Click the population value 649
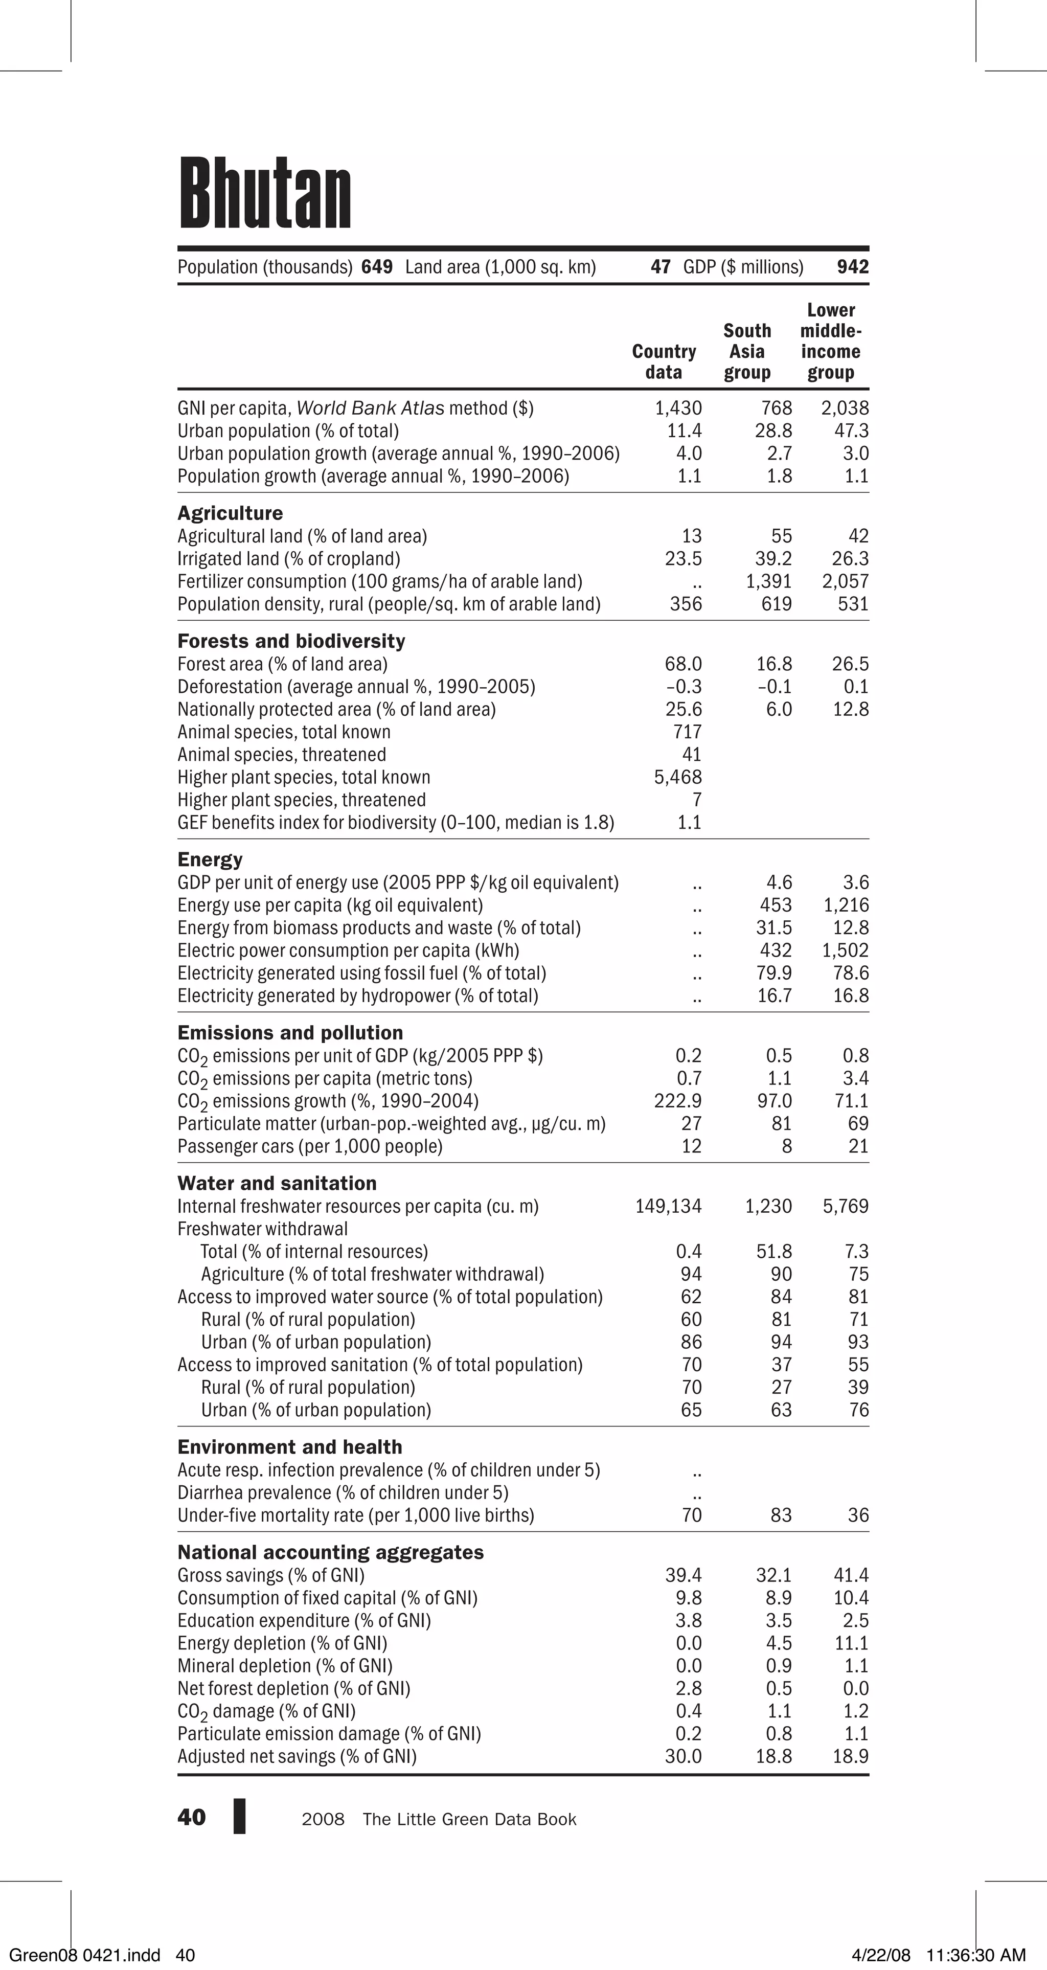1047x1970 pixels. [377, 267]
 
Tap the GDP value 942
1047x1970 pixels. [853, 267]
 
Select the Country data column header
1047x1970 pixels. [664, 361]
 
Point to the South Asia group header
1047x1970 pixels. [747, 352]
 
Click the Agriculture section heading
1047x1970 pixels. [230, 513]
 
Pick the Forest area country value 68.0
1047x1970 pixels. [683, 664]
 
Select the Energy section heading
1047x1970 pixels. [210, 859]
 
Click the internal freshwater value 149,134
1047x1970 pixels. [668, 1206]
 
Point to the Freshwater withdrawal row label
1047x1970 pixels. [262, 1229]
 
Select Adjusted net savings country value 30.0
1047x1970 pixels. [683, 1757]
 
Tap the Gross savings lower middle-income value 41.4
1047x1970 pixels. [851, 1575]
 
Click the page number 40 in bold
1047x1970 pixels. [191, 1818]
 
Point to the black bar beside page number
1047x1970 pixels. [239, 1816]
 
